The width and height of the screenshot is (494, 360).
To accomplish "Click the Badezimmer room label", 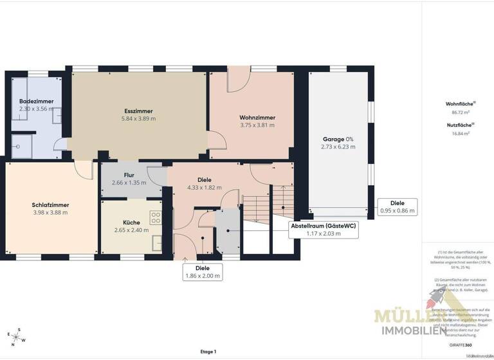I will point(37,102).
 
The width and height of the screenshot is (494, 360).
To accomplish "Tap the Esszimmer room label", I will point(139,111).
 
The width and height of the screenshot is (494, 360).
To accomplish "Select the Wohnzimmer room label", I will point(257,118).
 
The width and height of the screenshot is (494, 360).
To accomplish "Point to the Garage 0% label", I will point(338,139).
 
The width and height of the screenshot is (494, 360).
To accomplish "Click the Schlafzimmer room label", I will point(50,205).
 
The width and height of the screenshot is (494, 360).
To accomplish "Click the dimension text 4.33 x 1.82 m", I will point(205,188).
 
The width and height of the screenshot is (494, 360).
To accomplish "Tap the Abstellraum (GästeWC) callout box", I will point(324,230).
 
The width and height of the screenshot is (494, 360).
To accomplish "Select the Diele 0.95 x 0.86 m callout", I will point(397,206).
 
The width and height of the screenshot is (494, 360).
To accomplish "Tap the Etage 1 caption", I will point(208,352).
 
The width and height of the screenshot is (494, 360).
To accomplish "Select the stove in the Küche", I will point(155,217).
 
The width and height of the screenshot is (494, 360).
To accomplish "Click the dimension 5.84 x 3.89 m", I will point(139,119).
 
